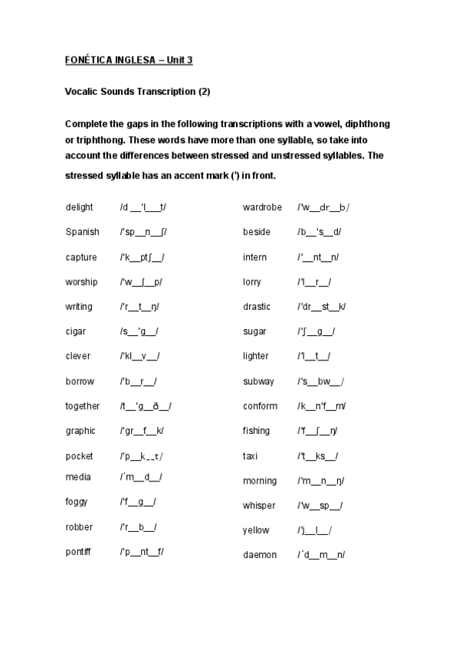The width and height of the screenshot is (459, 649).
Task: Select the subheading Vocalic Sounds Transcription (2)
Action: (137, 91)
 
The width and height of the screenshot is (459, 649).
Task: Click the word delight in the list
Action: (79, 207)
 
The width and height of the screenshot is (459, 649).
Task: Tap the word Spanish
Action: (82, 232)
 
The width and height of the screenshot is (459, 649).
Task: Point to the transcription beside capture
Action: (143, 257)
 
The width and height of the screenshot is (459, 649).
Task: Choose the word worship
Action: (81, 282)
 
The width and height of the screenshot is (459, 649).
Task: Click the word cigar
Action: (76, 331)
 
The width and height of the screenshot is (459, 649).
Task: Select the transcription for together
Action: (146, 406)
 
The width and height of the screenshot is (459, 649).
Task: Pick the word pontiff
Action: (80, 551)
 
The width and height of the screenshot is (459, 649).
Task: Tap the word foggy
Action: (77, 502)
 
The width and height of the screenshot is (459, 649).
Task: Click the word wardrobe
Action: (262, 207)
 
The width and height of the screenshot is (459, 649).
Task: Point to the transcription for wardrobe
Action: (323, 207)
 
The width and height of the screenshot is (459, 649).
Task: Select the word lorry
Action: (252, 282)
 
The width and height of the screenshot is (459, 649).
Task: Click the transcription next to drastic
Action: (322, 307)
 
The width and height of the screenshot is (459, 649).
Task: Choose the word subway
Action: (258, 381)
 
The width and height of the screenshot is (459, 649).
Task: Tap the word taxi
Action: (251, 456)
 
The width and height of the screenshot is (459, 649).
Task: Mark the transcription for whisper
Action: (320, 506)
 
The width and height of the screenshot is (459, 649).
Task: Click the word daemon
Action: (260, 555)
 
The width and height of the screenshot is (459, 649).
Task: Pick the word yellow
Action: (256, 530)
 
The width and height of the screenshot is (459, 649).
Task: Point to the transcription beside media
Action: (141, 478)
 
